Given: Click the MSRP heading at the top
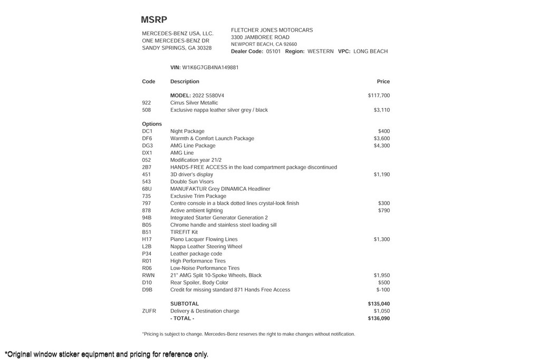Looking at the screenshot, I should pos(154,20).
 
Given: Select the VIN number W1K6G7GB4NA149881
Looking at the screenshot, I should pos(210,67).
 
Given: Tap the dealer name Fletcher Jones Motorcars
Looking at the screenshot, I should pos(272,30).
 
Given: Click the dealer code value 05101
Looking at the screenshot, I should pos(273,52).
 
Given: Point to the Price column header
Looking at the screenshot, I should pos(383,82).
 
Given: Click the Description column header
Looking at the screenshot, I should pos(185,82).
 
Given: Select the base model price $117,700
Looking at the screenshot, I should pos(379,95).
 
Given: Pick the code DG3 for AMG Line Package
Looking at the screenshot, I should pos(147,145).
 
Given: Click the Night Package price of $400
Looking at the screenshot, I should pos(383,131).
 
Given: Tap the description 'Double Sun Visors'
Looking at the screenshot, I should pos(192,182).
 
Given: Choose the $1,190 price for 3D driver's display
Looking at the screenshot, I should pos(382,174).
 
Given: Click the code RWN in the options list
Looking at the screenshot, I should pos(148,275).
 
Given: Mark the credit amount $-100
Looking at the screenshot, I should pos(383,290).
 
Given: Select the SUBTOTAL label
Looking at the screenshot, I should pos(185,304).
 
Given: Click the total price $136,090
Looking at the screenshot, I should pos(379,318).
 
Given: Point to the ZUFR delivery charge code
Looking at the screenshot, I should pos(149,311).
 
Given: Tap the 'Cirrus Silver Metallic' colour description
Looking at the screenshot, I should pos(194,103).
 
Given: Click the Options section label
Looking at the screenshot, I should pos(152,124).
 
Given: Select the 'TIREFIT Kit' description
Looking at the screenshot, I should pos(184,232).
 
